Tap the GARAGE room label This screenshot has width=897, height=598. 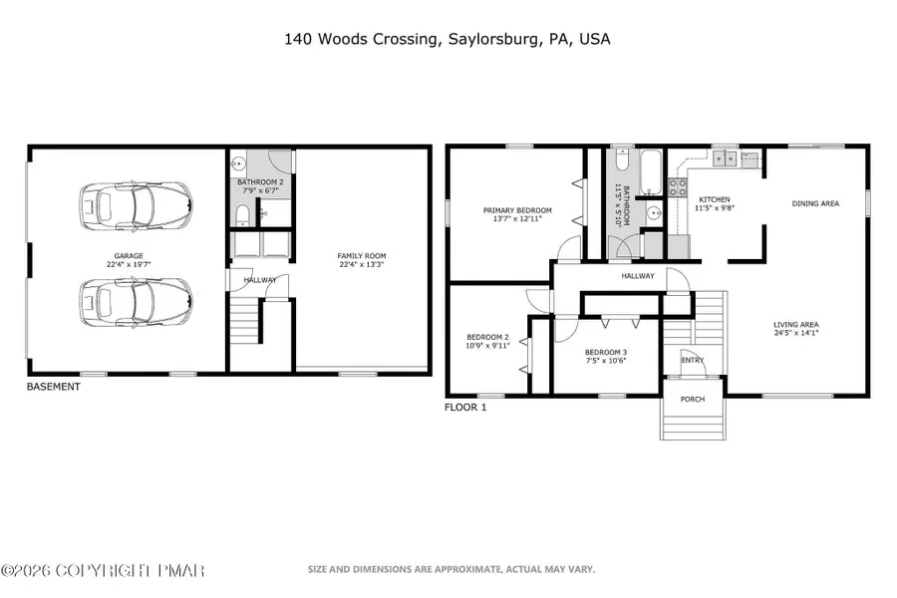[x=130, y=256]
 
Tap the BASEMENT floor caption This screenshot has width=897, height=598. [x=53, y=387]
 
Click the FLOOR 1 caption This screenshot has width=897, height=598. [x=464, y=408]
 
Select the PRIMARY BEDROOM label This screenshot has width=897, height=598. [x=517, y=210]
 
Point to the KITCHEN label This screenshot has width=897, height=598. [x=715, y=199]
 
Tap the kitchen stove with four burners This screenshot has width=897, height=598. [x=677, y=185]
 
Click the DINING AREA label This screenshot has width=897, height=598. [x=815, y=203]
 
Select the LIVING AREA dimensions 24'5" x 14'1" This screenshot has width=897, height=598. [x=796, y=334]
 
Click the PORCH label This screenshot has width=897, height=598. [x=692, y=400]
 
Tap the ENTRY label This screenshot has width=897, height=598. [x=692, y=361]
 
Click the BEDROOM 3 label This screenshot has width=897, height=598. [x=606, y=352]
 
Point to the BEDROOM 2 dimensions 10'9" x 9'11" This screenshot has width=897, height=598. [x=488, y=346]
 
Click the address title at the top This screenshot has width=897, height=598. [x=448, y=40]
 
